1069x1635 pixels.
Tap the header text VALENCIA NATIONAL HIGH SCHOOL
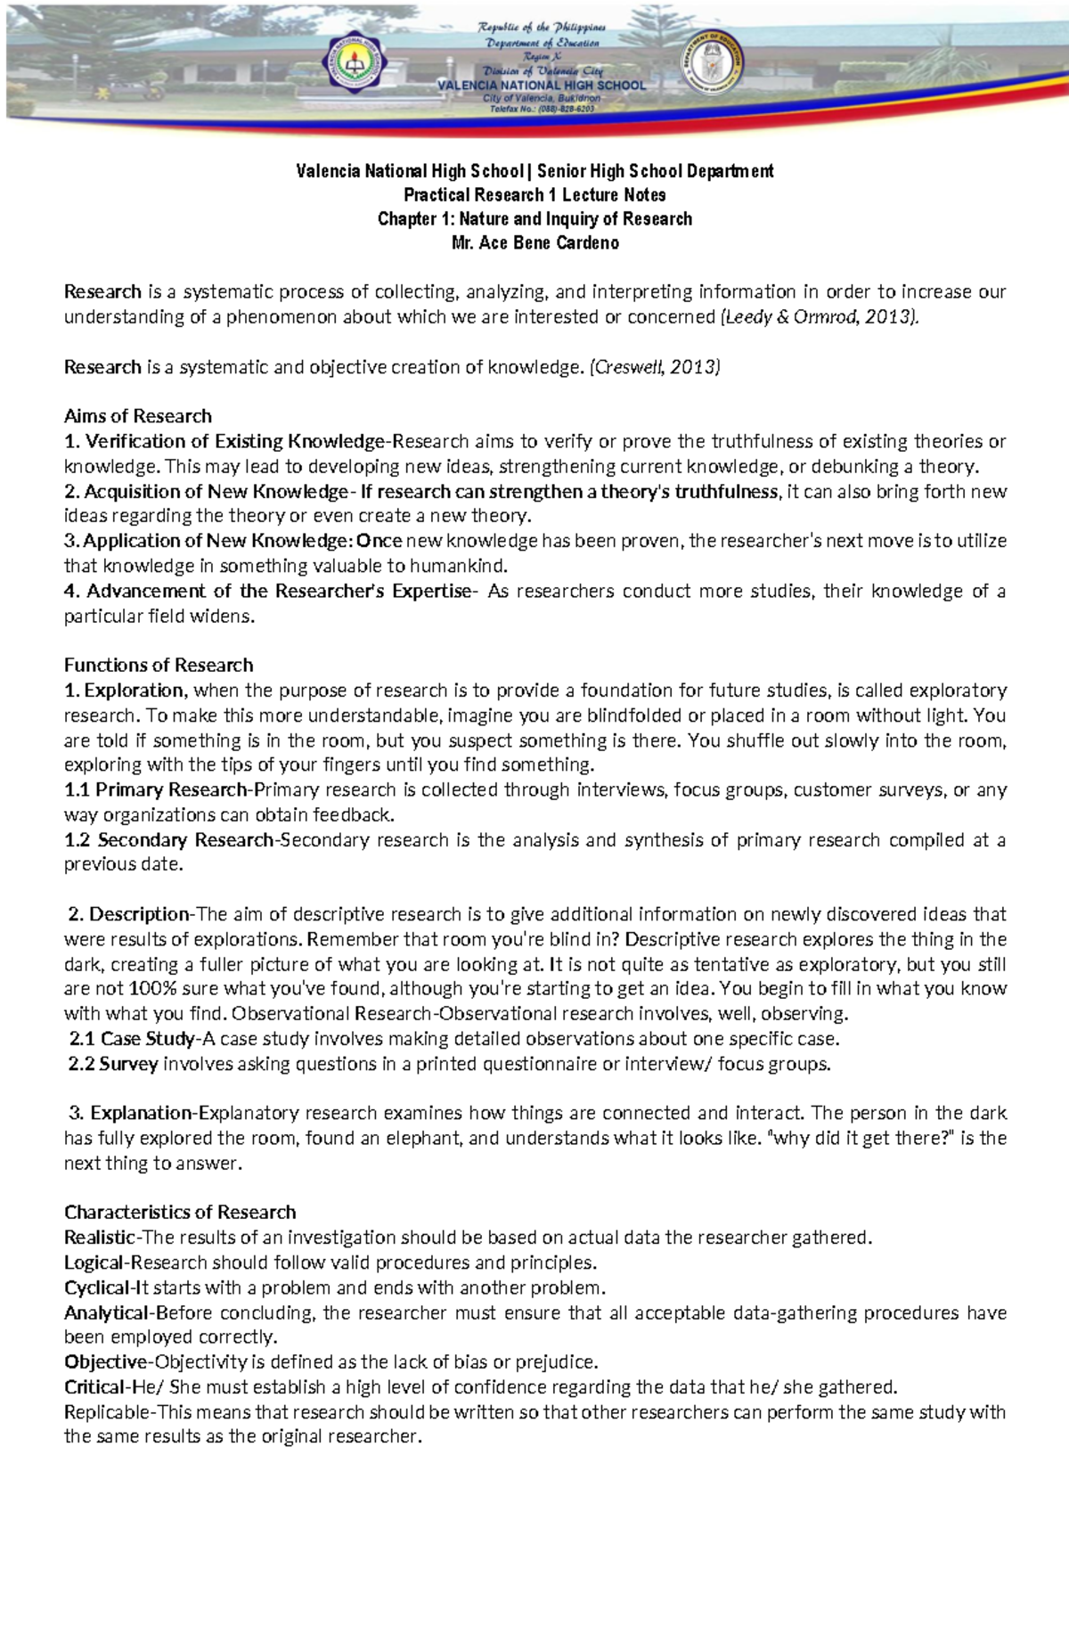coord(542,86)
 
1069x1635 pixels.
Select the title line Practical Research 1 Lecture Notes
coord(534,195)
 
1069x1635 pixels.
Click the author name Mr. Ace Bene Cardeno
coord(534,243)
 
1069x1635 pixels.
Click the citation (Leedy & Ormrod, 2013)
coord(818,317)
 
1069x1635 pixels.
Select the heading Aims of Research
coord(138,416)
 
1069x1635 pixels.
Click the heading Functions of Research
coord(159,665)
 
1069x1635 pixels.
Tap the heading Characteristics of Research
coord(180,1212)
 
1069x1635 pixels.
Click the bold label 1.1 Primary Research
coord(157,789)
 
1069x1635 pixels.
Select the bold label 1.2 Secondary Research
coord(169,839)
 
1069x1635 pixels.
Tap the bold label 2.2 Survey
coord(113,1064)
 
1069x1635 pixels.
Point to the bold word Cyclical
coord(96,1288)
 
